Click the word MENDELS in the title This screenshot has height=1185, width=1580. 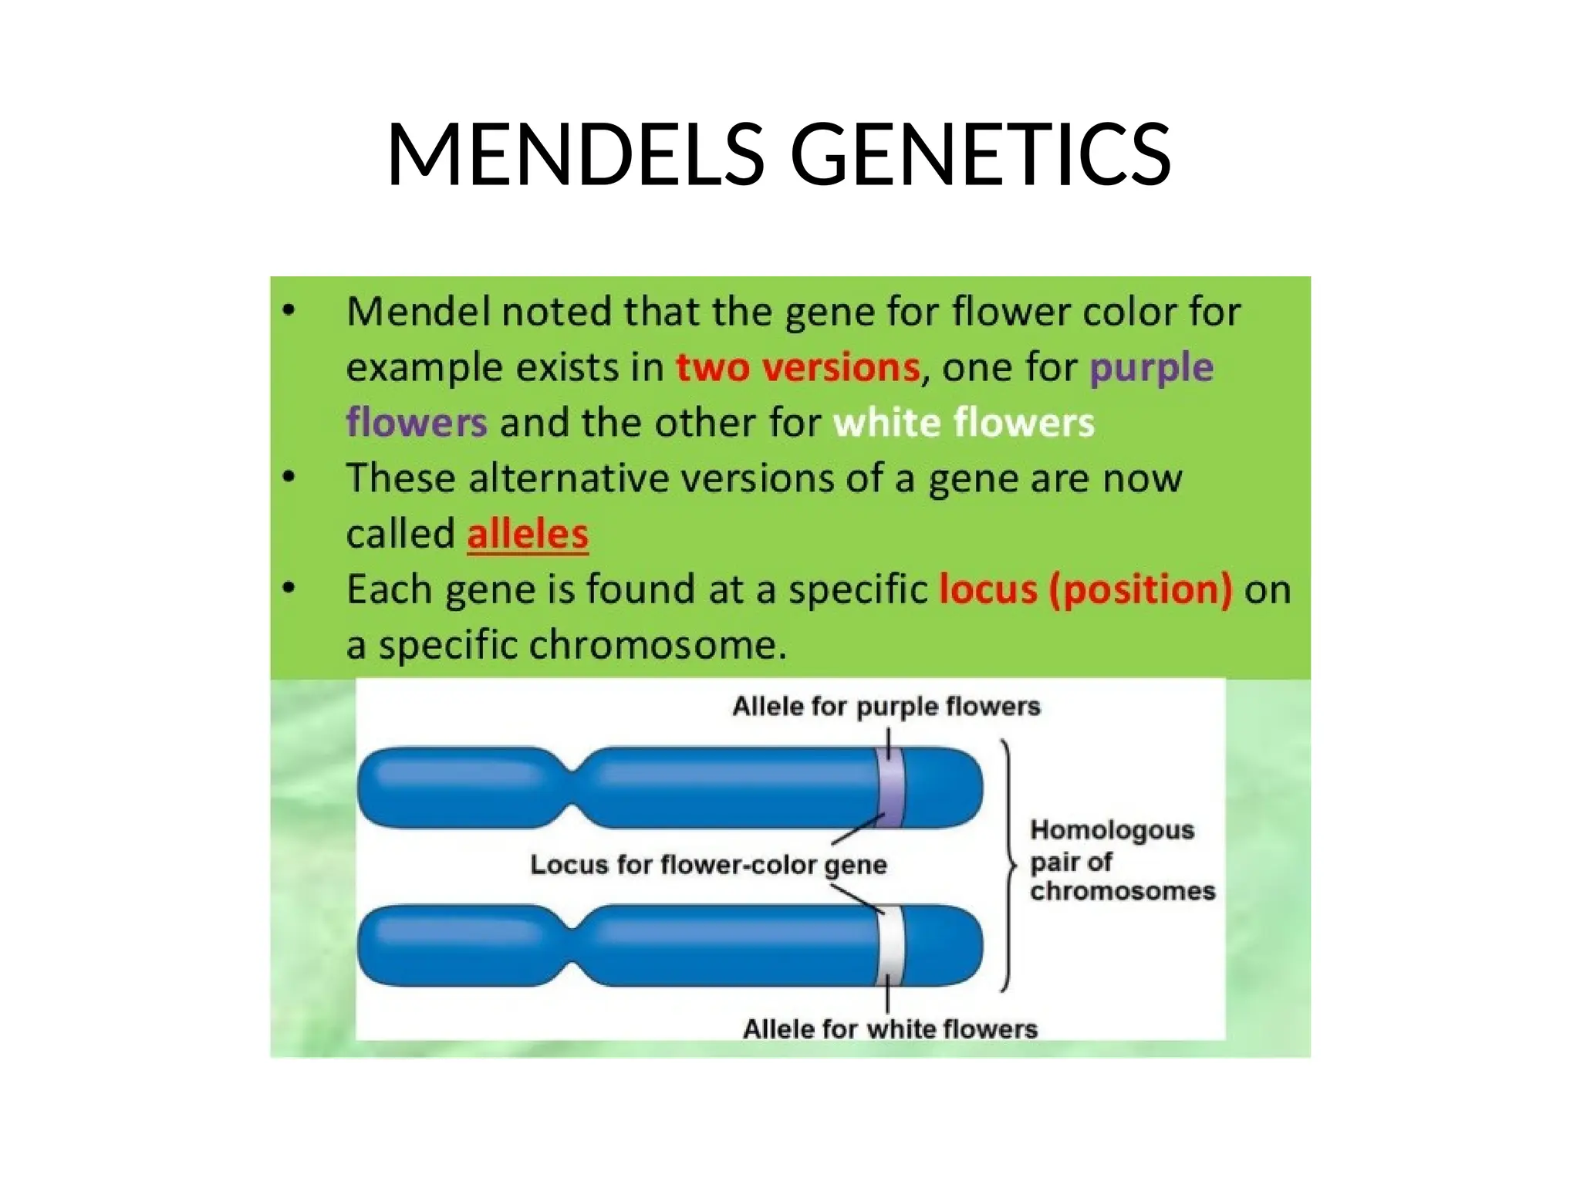click(575, 155)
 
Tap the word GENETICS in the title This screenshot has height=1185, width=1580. click(980, 155)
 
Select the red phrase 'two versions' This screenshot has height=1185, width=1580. click(798, 367)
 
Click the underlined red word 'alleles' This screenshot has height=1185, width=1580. click(528, 534)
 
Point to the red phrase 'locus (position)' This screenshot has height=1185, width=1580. click(1085, 589)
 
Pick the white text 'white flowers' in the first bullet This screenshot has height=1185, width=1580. click(964, 423)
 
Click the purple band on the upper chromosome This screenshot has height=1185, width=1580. click(891, 787)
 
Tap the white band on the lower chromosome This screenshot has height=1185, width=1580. click(891, 944)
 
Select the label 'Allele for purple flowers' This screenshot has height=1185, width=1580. click(886, 706)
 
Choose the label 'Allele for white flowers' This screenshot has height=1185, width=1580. click(890, 1028)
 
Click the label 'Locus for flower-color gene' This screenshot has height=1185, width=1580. click(708, 864)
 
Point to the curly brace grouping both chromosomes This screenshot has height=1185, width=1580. click(1007, 865)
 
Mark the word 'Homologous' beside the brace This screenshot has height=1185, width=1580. click(1112, 830)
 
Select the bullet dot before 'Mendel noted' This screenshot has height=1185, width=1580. click(289, 312)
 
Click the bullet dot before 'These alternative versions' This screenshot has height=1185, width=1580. click(289, 478)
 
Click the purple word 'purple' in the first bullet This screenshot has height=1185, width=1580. click(1151, 368)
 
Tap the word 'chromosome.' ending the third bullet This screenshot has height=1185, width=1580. click(657, 645)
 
